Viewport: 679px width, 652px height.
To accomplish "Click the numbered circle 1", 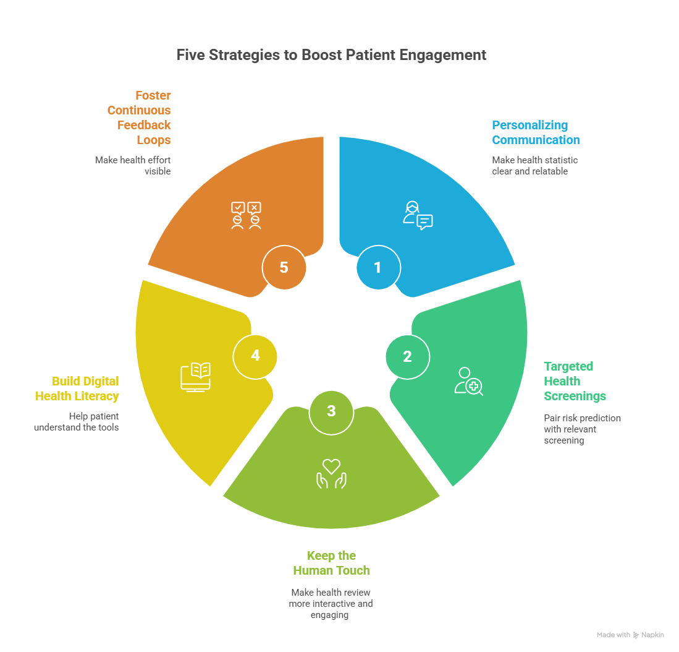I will [x=378, y=268].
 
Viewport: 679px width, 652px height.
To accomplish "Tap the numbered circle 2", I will [x=407, y=356].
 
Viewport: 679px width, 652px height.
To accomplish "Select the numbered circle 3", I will [x=331, y=411].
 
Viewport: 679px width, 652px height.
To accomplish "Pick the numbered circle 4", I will [x=255, y=356].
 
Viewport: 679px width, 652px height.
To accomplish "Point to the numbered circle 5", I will [x=284, y=267].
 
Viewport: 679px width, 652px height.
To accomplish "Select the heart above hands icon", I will [x=332, y=473].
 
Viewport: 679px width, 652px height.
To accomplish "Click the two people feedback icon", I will [x=246, y=215].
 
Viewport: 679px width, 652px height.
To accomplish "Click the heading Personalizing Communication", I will [x=536, y=132].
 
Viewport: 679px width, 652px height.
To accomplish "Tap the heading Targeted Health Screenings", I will [x=575, y=381].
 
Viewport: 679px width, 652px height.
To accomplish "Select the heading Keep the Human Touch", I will [x=331, y=563].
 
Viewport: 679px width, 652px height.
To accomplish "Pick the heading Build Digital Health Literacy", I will [x=77, y=388].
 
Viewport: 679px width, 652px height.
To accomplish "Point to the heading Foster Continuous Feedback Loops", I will [x=139, y=118].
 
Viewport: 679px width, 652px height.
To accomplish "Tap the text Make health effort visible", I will [x=133, y=165].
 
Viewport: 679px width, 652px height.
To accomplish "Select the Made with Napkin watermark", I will [x=630, y=635].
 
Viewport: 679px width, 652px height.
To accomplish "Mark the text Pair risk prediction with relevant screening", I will [x=582, y=429].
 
